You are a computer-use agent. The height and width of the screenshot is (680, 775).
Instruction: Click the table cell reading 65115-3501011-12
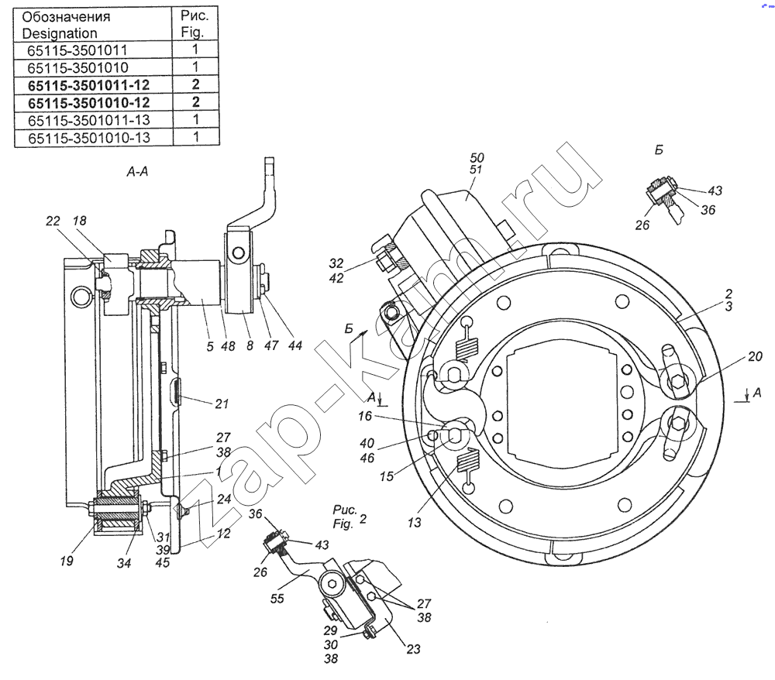88,85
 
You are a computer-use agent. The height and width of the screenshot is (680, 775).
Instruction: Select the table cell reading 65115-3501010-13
89,138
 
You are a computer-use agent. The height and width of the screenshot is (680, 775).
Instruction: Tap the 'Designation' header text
60,33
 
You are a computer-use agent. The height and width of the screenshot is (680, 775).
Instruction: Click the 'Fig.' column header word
193,33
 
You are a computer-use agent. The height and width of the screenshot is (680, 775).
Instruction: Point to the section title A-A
137,171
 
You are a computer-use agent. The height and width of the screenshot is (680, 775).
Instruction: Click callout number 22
53,222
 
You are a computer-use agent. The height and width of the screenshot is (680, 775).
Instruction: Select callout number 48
228,346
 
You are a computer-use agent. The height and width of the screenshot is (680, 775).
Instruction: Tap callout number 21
222,404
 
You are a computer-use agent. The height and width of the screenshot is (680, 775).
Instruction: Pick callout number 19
67,561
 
